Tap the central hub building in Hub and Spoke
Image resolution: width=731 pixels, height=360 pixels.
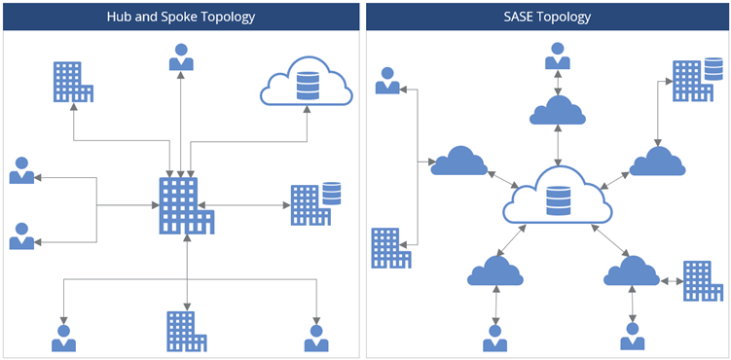click(x=184, y=205)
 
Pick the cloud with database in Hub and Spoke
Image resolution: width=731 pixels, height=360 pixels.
click(x=306, y=83)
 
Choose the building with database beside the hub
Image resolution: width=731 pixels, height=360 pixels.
click(x=315, y=202)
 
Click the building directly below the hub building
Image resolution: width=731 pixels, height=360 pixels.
click(x=185, y=330)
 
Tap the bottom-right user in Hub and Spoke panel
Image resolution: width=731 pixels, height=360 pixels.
click(x=316, y=337)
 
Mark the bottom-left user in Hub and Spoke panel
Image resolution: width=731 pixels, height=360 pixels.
click(x=64, y=337)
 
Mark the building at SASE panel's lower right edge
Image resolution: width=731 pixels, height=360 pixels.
click(x=702, y=280)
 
